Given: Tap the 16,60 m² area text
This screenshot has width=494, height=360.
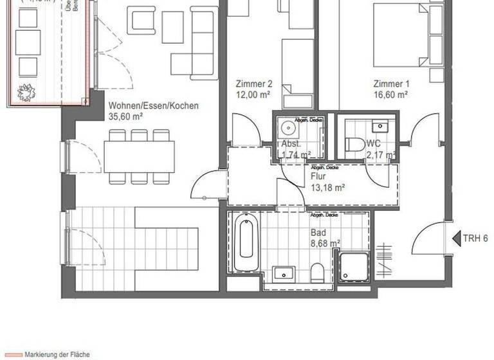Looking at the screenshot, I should coord(391,94).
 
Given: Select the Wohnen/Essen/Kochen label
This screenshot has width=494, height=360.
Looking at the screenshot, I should coord(154,106).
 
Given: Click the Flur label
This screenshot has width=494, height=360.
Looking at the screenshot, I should coord(318,177).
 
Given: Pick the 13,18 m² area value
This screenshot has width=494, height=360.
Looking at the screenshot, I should coord(328,188).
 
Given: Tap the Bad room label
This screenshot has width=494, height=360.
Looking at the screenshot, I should coord(318,233).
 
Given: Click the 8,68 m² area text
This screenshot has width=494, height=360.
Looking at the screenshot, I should coord(324,243).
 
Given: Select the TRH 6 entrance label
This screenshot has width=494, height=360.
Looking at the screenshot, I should coord(475,239).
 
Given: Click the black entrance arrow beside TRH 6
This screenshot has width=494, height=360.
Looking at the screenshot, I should coord(456,239).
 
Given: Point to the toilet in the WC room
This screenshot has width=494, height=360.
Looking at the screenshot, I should coord(352,145).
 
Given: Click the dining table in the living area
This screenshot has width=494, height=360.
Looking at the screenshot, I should coord(139,156).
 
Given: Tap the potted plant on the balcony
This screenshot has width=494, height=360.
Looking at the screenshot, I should coord(25,94).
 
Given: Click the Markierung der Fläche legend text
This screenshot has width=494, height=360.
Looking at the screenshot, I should coord(58,354).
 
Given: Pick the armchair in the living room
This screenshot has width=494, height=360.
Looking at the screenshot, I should coord(141,20).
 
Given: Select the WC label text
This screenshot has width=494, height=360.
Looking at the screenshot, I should coord(374,144).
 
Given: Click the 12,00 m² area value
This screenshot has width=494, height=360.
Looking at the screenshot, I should coord(252,94).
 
